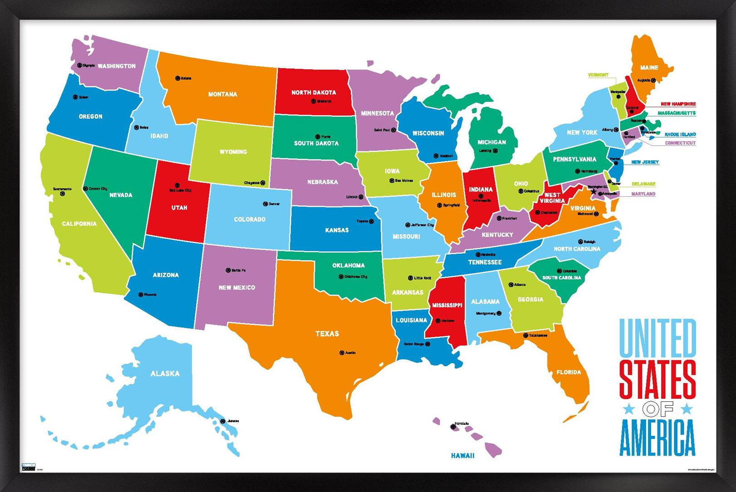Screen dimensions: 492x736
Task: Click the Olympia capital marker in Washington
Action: coord(79,65)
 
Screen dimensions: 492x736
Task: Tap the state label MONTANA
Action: coord(223,94)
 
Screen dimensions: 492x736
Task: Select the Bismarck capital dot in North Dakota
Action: coord(313,101)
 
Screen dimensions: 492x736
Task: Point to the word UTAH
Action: coord(179,208)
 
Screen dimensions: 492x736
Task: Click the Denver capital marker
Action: coord(265,204)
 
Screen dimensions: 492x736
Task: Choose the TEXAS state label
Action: coord(327,334)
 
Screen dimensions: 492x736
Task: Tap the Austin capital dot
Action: coord(342,353)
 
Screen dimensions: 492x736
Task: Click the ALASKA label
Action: coord(165,374)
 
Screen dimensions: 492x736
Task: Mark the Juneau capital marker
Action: coord(223,421)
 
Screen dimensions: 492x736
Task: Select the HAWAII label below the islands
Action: coord(463,455)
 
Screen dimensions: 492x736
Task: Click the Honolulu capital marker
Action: coord(453,427)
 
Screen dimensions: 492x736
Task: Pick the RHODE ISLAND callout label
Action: coord(680,135)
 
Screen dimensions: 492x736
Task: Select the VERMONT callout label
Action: coord(598,75)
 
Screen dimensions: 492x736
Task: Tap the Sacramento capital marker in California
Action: coord(63,194)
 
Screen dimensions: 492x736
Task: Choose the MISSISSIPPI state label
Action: coord(447,305)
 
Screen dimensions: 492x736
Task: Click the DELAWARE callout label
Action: coord(643,184)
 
